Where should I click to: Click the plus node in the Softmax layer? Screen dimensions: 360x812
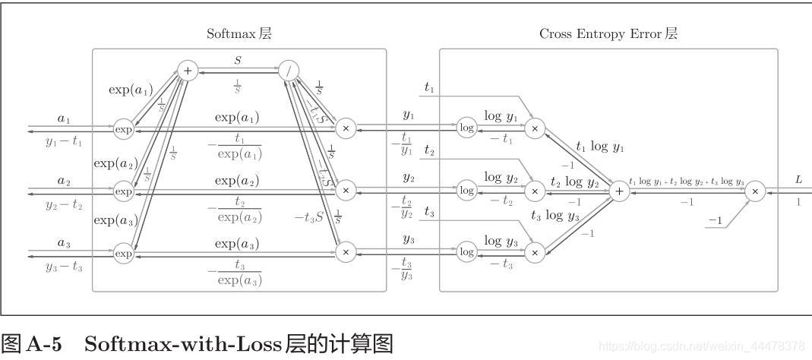point(187,71)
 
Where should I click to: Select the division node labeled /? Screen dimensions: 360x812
point(289,71)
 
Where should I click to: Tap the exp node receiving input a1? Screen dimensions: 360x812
point(123,129)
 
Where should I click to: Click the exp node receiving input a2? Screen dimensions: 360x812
point(123,191)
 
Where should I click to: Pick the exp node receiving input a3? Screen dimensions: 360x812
point(123,254)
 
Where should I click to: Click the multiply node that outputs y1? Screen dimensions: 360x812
point(346,128)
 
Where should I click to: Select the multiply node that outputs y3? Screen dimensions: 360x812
point(346,252)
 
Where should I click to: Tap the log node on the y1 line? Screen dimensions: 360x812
point(467,128)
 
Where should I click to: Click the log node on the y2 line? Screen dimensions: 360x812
point(467,191)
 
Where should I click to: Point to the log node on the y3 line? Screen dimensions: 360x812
point(467,252)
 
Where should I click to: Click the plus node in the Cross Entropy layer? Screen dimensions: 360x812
point(619,191)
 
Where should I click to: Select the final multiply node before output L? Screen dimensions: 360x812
point(754,191)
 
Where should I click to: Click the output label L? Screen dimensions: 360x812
point(798,179)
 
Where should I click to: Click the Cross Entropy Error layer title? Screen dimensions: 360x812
point(608,33)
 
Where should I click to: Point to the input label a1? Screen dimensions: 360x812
point(63,118)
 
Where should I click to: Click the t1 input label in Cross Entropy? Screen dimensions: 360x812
point(429,89)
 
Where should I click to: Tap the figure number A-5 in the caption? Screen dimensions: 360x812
point(44,345)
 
